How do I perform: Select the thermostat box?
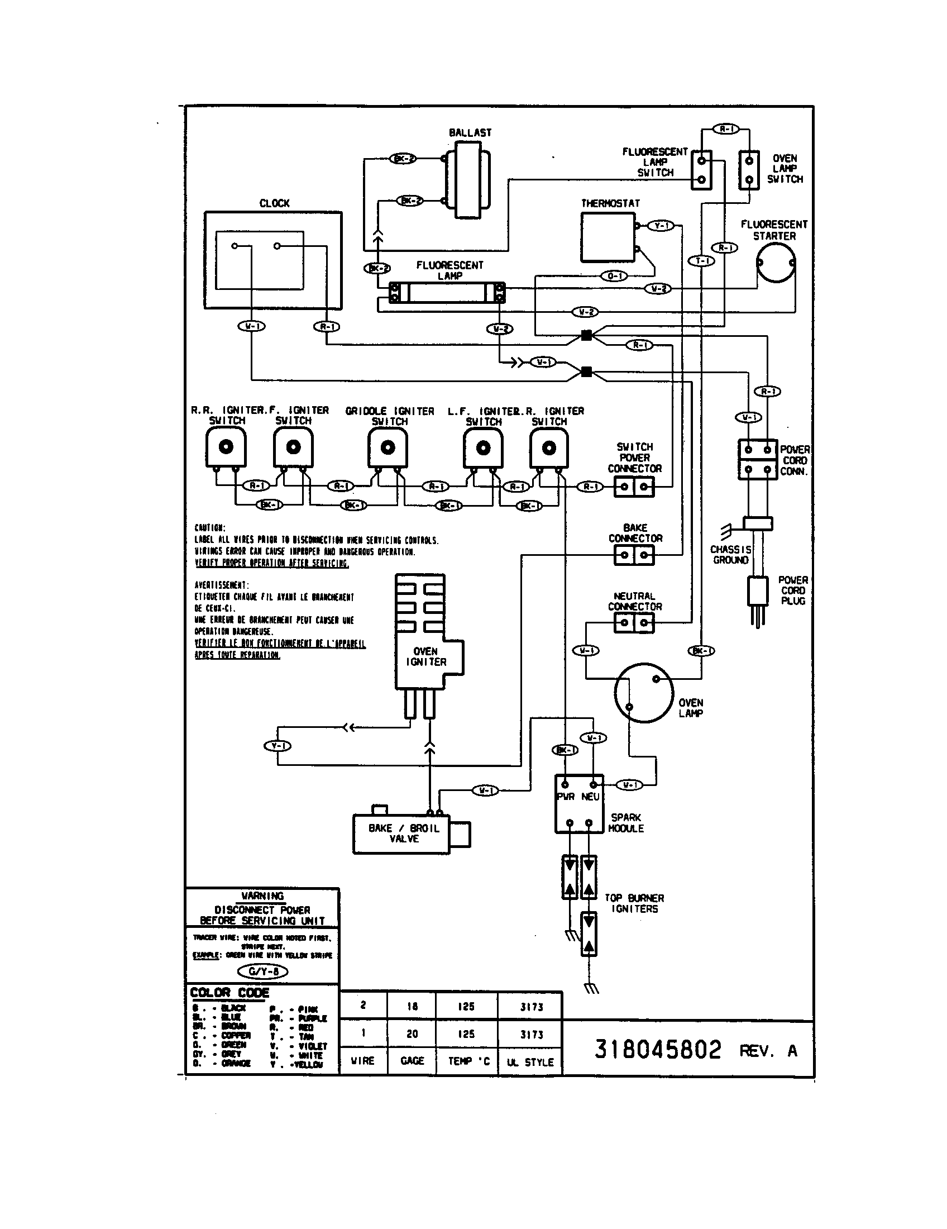(608, 237)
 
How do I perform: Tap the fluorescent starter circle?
(775, 263)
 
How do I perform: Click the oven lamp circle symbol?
(643, 693)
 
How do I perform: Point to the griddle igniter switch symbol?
(388, 448)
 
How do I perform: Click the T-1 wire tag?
(702, 260)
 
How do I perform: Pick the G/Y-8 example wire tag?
(262, 971)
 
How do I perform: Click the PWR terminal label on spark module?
(566, 797)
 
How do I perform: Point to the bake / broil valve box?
(402, 833)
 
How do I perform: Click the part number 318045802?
(657, 1050)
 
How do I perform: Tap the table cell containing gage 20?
(412, 1033)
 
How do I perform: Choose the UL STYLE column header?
(530, 1062)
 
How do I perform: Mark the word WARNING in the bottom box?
(262, 896)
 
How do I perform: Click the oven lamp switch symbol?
(748, 170)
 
